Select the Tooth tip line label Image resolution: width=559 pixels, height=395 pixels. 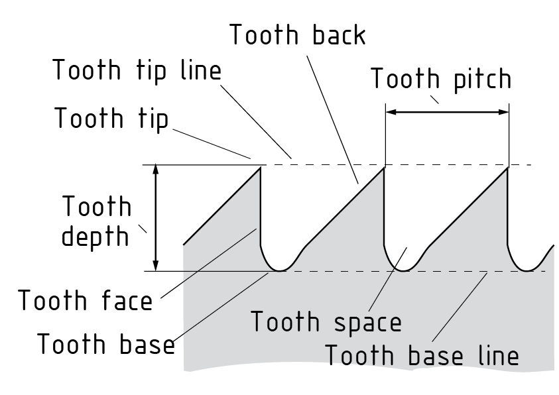pos(137,70)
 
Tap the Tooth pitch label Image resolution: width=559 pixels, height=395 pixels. pos(441,79)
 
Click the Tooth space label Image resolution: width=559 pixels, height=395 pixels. pos(326,322)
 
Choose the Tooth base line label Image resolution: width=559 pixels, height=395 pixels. pos(421,356)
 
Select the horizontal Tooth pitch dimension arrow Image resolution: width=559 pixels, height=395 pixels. pos(447,112)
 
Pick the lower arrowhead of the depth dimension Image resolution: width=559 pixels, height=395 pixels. pos(156,266)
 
